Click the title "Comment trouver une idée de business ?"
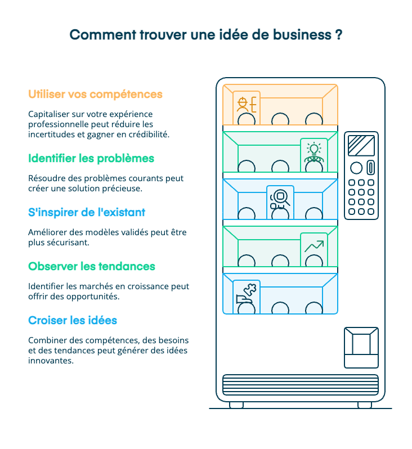click(206, 34)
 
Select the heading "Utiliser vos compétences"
click(95, 94)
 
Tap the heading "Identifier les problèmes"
click(91, 158)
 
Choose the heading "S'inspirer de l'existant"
click(87, 212)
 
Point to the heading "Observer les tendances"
click(92, 266)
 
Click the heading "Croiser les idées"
click(73, 320)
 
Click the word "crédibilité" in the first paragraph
click(149, 135)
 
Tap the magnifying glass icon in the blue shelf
click(280, 199)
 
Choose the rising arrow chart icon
click(314, 246)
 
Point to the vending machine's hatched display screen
click(361, 145)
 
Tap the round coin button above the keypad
click(356, 168)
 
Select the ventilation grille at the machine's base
click(301, 385)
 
